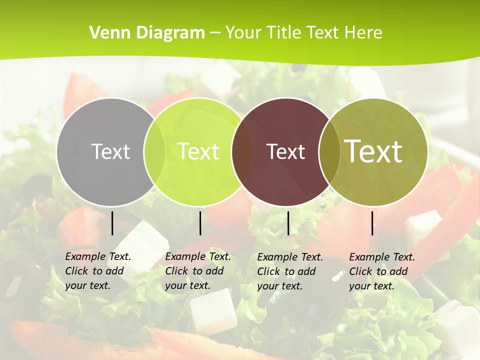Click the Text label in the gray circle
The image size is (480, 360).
pos(110,151)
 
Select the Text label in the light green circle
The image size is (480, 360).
pos(198,151)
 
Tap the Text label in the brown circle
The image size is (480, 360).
pos(286,151)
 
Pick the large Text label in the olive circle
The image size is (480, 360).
pos(373,151)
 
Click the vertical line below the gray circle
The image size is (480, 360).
pos(112,223)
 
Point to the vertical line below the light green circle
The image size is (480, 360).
pos(200,223)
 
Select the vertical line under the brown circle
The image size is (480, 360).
pos(288,223)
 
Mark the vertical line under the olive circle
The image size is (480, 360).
pos(372,223)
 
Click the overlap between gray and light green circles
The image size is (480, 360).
pos(154,151)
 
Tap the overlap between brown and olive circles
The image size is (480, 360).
pos(329,151)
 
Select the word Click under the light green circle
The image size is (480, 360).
pos(176,271)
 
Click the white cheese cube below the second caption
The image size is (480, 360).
pos(212,312)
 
